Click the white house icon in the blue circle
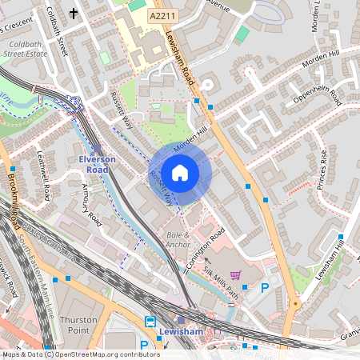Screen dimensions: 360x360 point(180,172)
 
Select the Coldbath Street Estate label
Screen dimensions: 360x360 point(26,48)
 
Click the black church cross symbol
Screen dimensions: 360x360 point(74,13)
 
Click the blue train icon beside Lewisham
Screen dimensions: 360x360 point(150,322)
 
